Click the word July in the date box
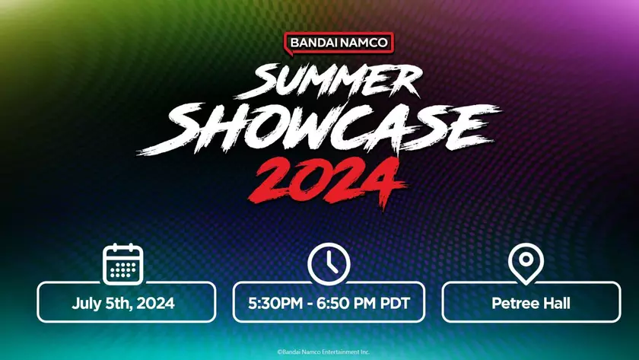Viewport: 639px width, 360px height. click(x=88, y=303)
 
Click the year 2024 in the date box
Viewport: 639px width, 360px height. click(x=156, y=303)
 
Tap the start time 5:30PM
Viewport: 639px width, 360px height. click(x=278, y=303)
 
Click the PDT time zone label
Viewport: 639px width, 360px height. click(x=394, y=303)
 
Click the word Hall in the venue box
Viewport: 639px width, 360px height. click(x=555, y=303)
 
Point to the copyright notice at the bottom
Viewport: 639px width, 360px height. click(x=323, y=352)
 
